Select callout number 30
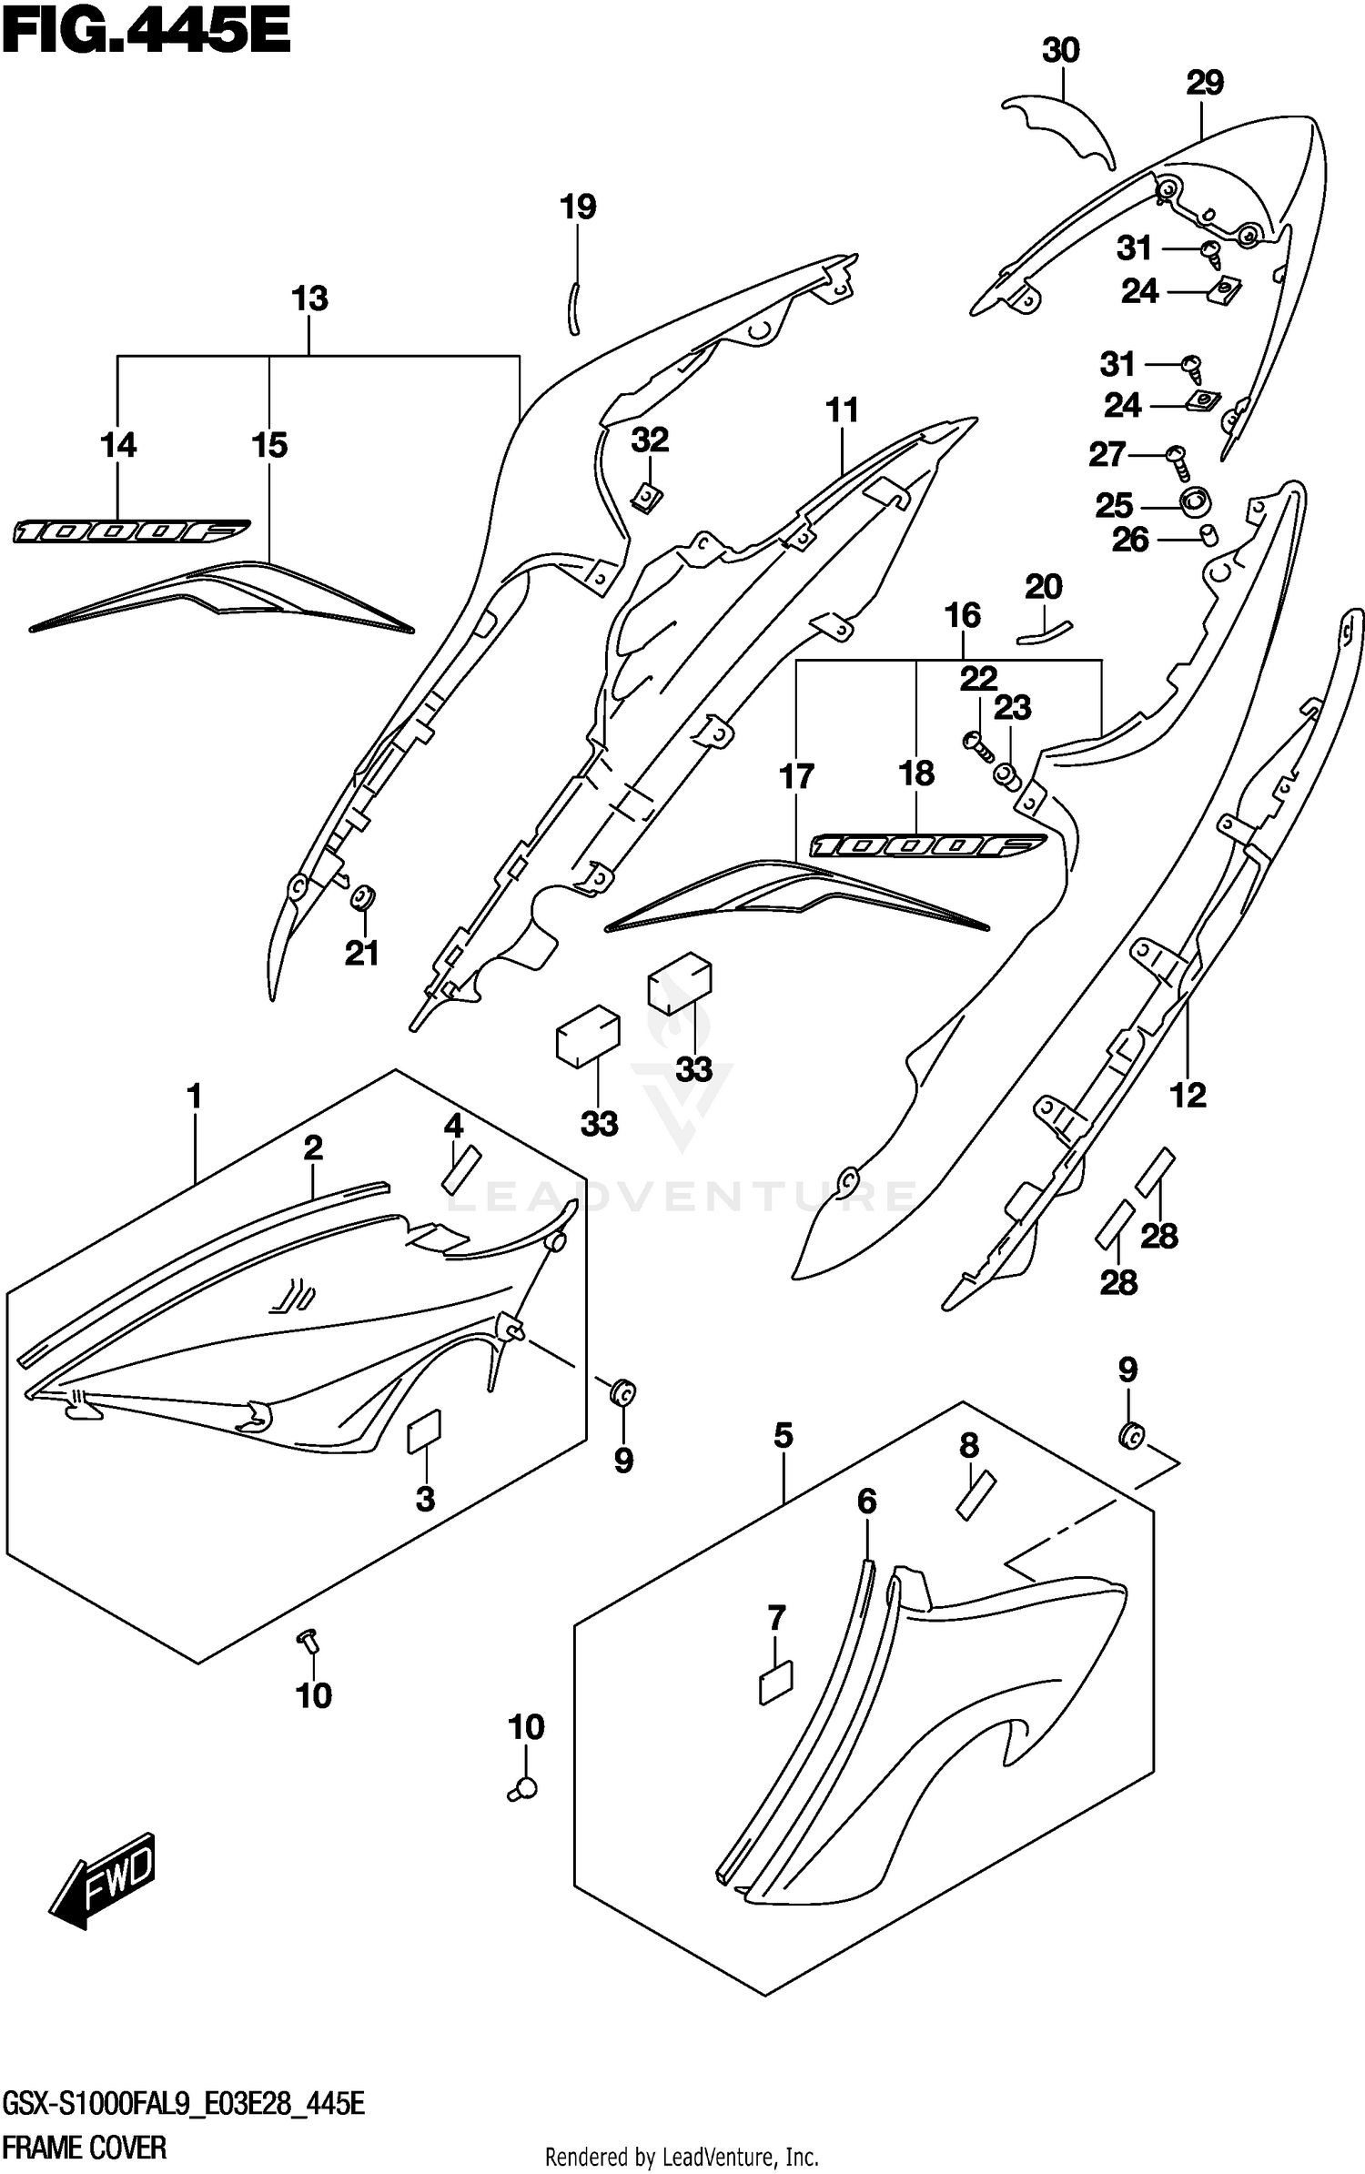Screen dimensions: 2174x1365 tap(1060, 51)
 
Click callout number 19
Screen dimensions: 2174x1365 tap(578, 207)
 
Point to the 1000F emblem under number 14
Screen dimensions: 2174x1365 tap(130, 531)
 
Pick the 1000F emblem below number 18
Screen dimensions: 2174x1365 tap(927, 845)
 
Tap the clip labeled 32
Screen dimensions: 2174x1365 tap(647, 496)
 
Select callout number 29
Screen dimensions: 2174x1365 tap(1205, 83)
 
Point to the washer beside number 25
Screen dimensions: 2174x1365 tap(1194, 501)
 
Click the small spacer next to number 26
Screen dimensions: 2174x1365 tap(1209, 534)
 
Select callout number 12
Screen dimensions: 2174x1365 tap(1188, 1095)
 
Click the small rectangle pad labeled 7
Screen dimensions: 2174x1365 tap(776, 1683)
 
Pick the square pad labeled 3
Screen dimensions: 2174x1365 tap(424, 1431)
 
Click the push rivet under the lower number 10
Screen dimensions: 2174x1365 tap(525, 1788)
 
